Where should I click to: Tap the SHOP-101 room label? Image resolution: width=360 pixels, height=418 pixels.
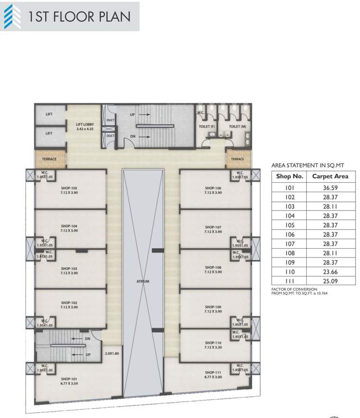point(68,379)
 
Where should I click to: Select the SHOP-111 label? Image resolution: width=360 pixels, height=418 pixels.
point(211,373)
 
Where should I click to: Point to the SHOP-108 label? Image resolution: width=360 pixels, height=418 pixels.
point(212,267)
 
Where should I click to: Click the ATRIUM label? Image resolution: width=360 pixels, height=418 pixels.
point(143,281)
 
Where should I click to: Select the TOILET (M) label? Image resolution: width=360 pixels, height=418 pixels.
point(237,126)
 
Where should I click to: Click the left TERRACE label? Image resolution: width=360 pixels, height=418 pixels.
point(50,159)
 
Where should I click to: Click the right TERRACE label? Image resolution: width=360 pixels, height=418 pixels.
point(237,159)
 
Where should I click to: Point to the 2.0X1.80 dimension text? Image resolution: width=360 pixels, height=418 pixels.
point(112,353)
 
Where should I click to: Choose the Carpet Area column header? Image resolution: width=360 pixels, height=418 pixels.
point(330,176)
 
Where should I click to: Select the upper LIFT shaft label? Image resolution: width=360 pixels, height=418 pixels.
point(49,114)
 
